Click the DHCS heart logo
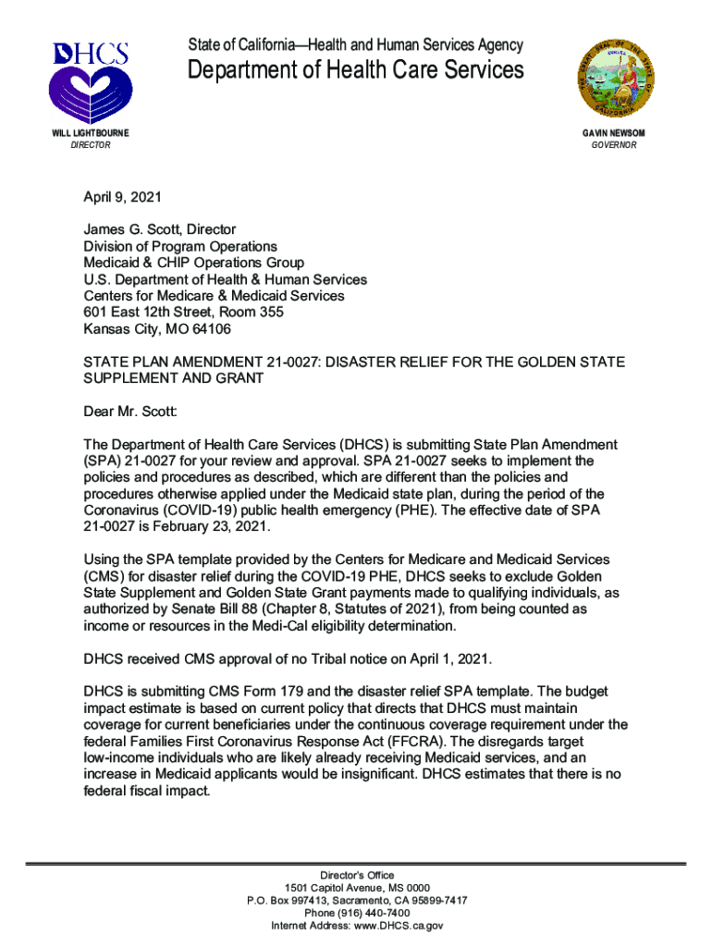coord(90,83)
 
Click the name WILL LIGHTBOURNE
coord(90,133)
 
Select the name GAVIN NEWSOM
coord(613,133)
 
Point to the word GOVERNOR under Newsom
coord(614,145)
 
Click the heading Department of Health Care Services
coord(356,70)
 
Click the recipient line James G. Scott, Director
coord(160,229)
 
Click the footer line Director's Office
coord(356,875)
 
